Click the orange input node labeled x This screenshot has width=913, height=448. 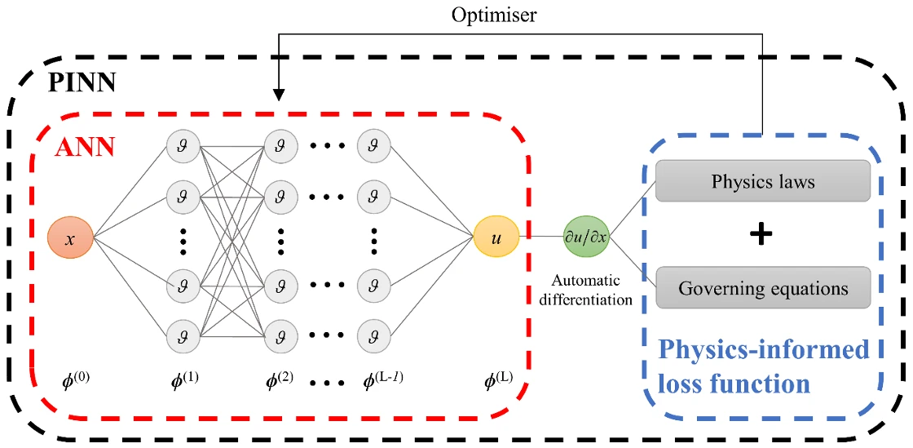(70, 237)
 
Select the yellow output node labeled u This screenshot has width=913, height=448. (496, 237)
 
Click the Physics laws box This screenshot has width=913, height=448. (763, 180)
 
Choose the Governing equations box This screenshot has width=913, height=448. (763, 287)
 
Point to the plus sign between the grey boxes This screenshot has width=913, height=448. (761, 235)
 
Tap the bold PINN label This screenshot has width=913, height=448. (81, 83)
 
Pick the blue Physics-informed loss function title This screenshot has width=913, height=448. (764, 366)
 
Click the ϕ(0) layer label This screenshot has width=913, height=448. (77, 380)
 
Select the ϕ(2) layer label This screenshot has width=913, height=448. (280, 380)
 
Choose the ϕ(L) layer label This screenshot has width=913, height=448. (495, 380)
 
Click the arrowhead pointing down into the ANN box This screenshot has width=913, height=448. (280, 96)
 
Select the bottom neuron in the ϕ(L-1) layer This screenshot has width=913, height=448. (374, 335)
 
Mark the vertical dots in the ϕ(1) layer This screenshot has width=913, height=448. (183, 241)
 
